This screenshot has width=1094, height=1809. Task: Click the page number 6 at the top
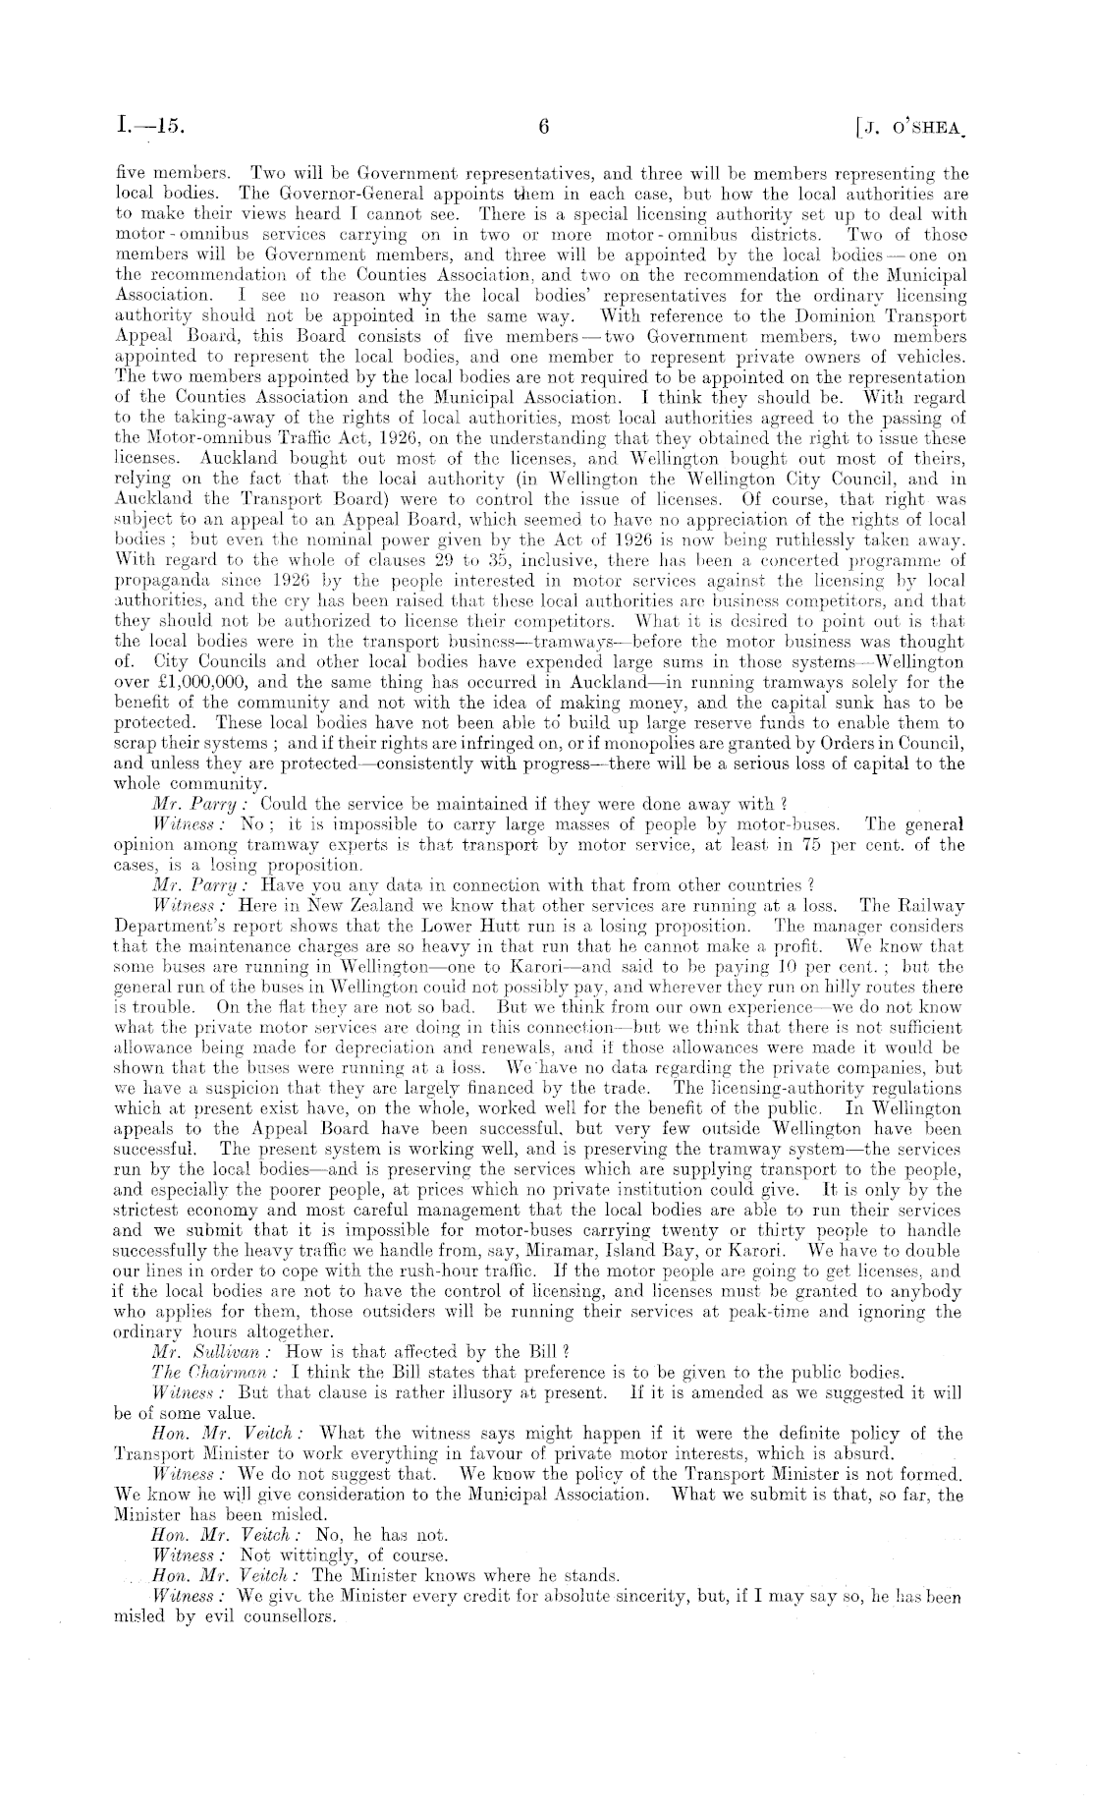(546, 127)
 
